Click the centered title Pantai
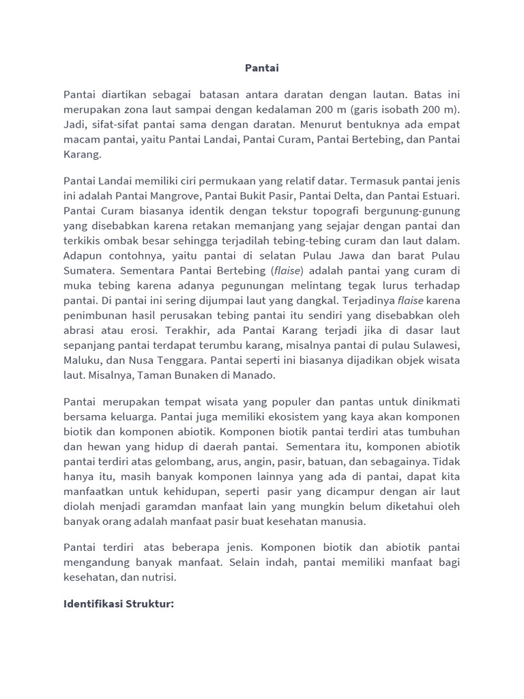click(262, 68)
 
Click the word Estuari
click(439, 195)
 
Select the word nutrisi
click(157, 577)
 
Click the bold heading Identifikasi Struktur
click(119, 604)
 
